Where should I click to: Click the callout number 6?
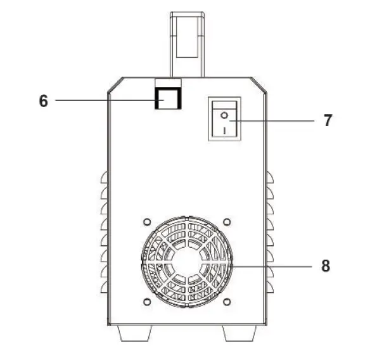44,101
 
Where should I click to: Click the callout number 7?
327,120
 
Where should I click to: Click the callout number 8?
325,266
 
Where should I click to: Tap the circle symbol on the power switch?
224,115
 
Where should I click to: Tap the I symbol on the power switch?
224,129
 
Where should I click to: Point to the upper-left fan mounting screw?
147,222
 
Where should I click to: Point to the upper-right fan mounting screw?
227,222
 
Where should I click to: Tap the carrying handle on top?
187,38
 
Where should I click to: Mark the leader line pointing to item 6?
105,100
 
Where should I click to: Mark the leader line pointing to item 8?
272,267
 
